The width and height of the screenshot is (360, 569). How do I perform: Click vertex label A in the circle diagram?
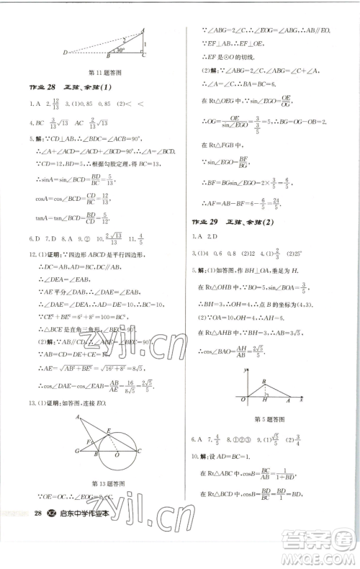[74, 417]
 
